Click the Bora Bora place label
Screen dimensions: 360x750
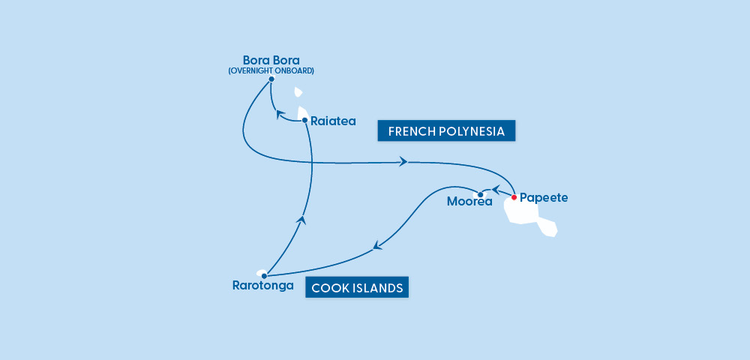click(x=271, y=60)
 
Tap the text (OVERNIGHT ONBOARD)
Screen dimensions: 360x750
click(x=271, y=70)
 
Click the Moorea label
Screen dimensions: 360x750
click(x=469, y=201)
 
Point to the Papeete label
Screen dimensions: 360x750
click(x=544, y=198)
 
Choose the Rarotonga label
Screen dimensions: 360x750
click(x=262, y=286)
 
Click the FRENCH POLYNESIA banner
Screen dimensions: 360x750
click(x=446, y=132)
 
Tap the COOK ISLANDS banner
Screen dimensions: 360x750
click(x=357, y=287)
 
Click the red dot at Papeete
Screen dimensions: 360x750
click(x=514, y=197)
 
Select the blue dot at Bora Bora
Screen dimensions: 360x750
click(x=271, y=79)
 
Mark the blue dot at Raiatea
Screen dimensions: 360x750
click(x=304, y=120)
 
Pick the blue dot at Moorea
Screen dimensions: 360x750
click(x=480, y=195)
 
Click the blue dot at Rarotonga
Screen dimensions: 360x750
click(x=264, y=275)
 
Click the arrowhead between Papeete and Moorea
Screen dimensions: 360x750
click(x=495, y=190)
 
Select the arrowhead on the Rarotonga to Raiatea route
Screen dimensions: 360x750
click(x=301, y=219)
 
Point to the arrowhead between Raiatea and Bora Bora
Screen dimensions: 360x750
click(x=280, y=114)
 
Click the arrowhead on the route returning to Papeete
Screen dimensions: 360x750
click(x=403, y=161)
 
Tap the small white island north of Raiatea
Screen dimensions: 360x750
click(x=298, y=93)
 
